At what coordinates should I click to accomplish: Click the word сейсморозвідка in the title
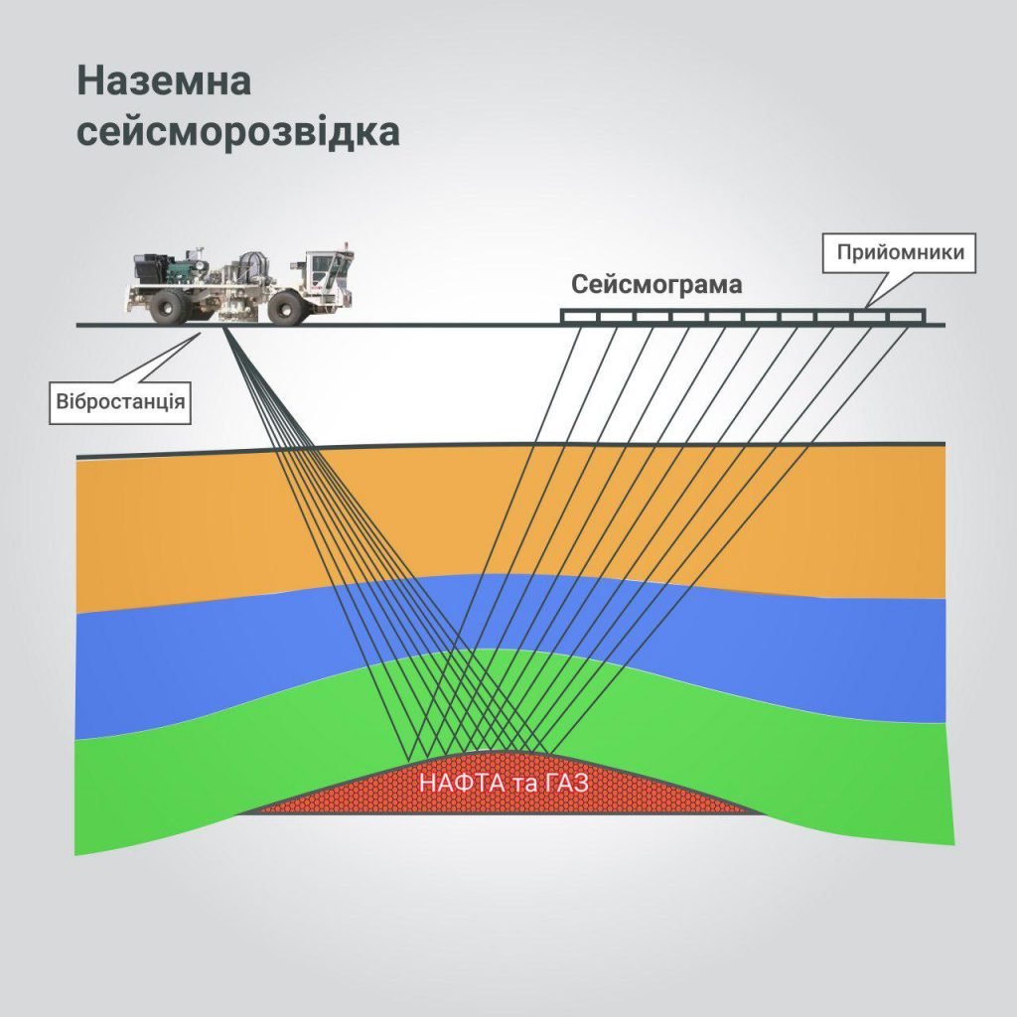click(x=238, y=133)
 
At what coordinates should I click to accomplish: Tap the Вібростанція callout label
click(x=120, y=403)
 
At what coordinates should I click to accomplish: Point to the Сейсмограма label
click(x=656, y=285)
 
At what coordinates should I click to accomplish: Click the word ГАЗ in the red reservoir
click(x=566, y=783)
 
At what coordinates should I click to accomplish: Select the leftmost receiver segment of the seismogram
click(x=580, y=317)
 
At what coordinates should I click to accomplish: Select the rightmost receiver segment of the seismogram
click(x=906, y=317)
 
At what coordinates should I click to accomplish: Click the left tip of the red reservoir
click(x=243, y=811)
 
